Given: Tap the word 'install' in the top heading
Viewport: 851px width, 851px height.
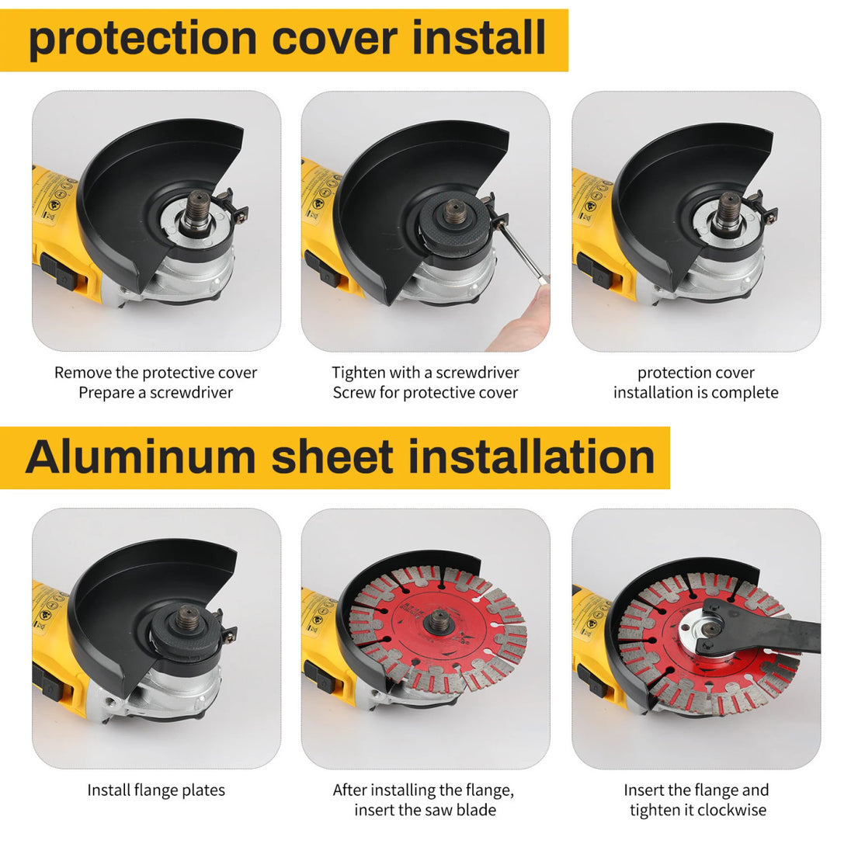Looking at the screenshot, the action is pos(478,37).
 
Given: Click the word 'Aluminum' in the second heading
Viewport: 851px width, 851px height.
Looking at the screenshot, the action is pos(141,457).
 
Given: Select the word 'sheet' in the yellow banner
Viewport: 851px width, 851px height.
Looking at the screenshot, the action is pos(332,457).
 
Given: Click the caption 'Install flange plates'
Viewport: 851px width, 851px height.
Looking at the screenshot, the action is pos(156,790).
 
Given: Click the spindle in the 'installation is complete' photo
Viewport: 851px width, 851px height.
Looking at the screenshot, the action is pos(728,213).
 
